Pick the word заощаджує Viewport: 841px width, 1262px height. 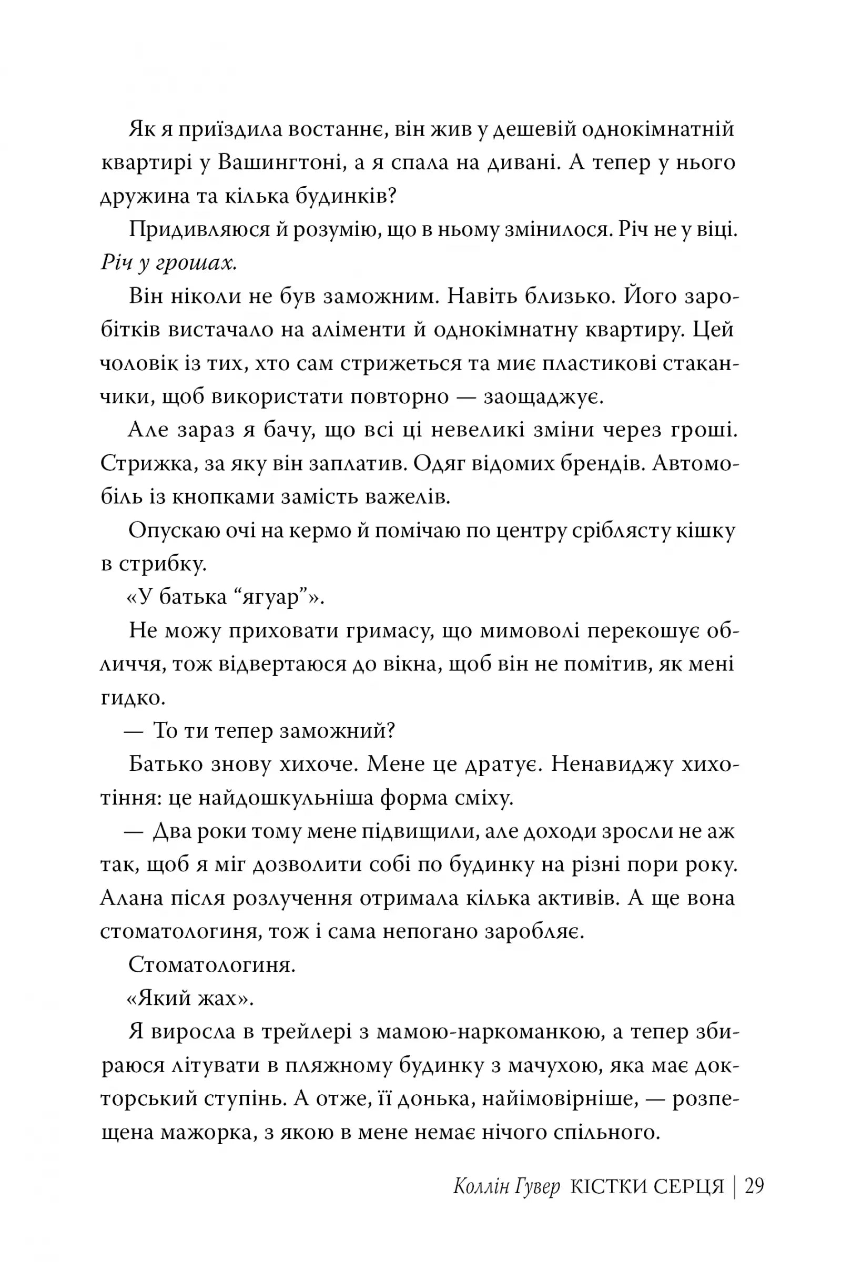pos(544,397)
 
